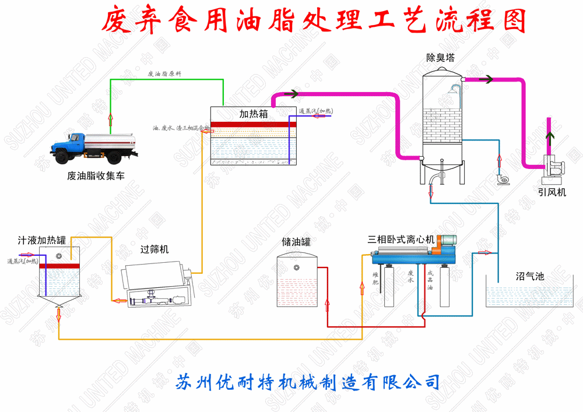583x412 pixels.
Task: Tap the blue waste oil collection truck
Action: [x=99, y=146]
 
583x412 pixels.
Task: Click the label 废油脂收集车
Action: [x=96, y=175]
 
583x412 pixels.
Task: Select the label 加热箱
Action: [x=253, y=114]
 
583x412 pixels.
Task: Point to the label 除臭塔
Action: [x=440, y=58]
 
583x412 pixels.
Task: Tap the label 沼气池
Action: [x=530, y=276]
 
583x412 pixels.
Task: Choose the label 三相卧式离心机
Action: [x=401, y=239]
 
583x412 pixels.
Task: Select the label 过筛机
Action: [x=154, y=249]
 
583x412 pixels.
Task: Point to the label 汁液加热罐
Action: [x=41, y=240]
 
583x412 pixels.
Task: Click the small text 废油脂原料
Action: [x=164, y=74]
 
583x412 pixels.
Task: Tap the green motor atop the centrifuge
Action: [x=448, y=240]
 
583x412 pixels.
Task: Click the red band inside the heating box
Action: [x=253, y=124]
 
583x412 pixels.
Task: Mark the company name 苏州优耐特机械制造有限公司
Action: [x=307, y=382]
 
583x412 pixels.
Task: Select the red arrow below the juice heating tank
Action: [x=59, y=315]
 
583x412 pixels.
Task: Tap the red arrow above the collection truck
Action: [x=110, y=120]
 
